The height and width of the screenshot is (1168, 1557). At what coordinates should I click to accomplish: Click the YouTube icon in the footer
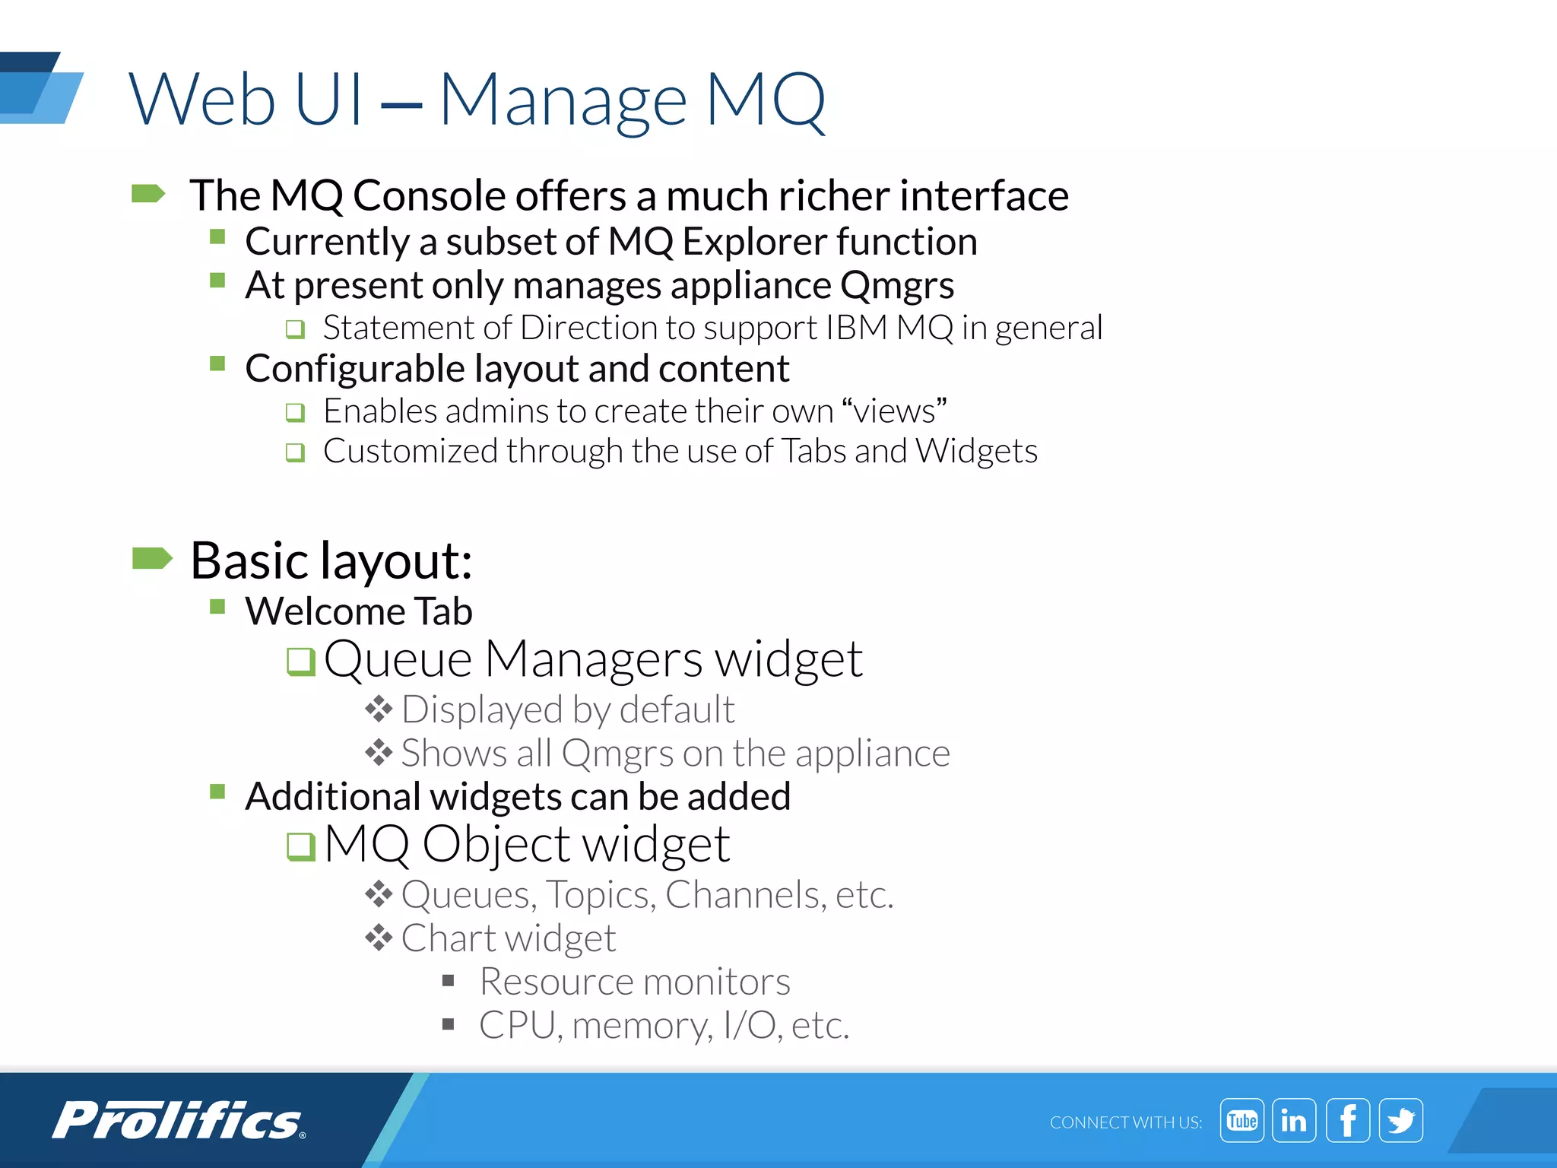point(1241,1120)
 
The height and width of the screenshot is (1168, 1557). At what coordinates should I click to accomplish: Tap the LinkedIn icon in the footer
point(1294,1120)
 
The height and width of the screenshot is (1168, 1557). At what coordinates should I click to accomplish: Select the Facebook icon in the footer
point(1348,1120)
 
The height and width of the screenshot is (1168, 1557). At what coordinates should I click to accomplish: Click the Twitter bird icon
point(1401,1120)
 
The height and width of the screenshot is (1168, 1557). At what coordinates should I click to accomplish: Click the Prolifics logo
point(179,1120)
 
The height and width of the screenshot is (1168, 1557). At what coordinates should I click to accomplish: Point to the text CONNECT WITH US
point(1125,1122)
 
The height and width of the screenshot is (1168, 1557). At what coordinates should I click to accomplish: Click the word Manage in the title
point(563,101)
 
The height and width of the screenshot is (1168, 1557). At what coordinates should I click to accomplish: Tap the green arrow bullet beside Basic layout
point(152,558)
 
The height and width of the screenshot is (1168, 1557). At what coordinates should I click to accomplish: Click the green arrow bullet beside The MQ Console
point(148,194)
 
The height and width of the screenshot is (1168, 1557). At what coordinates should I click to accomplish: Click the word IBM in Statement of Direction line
point(857,328)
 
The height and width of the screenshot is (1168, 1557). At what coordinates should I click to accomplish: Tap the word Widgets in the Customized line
point(976,452)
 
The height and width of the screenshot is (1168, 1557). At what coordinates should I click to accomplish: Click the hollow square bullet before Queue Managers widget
point(300,661)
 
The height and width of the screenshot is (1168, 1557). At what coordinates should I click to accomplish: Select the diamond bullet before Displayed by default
point(378,709)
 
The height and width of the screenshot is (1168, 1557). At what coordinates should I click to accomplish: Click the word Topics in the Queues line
point(601,895)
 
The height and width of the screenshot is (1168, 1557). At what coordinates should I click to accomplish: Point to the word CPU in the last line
point(519,1026)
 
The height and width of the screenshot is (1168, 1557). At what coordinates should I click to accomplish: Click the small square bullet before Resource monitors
point(449,981)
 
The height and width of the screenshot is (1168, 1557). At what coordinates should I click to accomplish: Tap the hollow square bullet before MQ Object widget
point(300,846)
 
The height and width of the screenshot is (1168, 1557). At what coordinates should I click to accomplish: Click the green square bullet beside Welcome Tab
point(217,607)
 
